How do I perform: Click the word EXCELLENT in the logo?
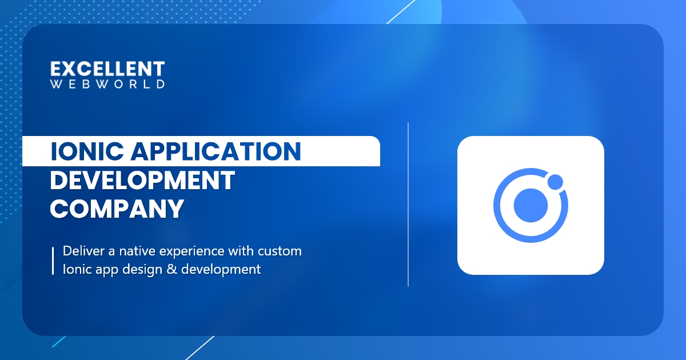coord(107,69)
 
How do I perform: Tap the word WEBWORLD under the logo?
coord(107,84)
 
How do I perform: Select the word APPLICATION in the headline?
coord(216,151)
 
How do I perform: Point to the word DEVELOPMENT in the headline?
coord(142,181)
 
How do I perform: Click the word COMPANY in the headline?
coord(117,209)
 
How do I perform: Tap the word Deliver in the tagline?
coord(83,251)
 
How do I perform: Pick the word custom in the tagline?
coord(280,251)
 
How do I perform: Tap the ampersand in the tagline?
coord(171,269)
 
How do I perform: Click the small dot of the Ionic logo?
coord(555,182)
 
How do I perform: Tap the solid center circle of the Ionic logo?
coord(531,205)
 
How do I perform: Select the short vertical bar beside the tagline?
coord(53,261)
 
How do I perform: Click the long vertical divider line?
coord(408,205)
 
